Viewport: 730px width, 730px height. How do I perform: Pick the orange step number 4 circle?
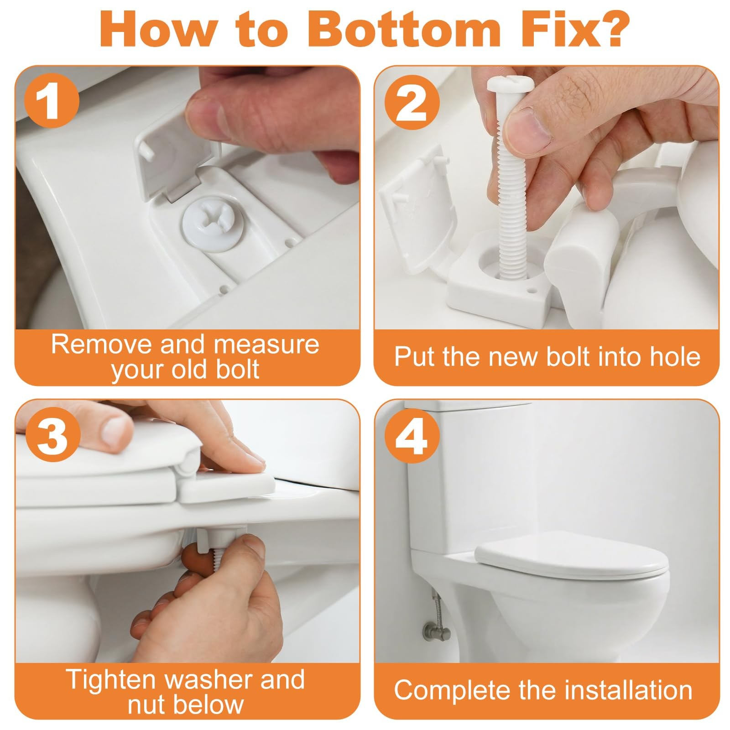(411, 435)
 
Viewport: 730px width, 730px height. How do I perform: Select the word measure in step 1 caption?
(266, 344)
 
